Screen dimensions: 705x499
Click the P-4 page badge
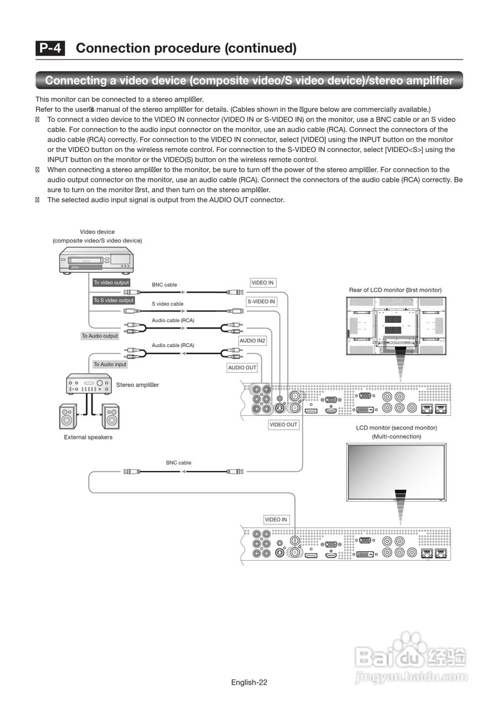click(x=50, y=48)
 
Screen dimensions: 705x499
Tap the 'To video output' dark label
click(x=111, y=283)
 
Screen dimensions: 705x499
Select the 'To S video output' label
click(x=113, y=300)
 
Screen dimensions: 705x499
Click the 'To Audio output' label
click(x=100, y=336)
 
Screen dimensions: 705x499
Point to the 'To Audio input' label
click(x=110, y=364)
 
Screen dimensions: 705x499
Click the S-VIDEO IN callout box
click(x=261, y=302)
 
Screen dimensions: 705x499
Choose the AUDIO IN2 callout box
click(x=253, y=341)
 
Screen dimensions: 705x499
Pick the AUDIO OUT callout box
click(x=243, y=368)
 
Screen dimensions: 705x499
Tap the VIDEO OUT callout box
click(x=283, y=425)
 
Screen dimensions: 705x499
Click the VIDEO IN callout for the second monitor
click(x=276, y=519)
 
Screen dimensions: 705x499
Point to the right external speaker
click(x=110, y=417)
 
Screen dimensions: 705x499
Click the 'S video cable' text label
click(x=168, y=304)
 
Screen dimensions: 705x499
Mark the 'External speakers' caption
click(x=88, y=437)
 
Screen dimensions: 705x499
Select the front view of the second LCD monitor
click(x=396, y=472)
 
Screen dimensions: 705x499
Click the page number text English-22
click(x=249, y=682)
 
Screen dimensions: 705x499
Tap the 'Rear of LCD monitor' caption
click(x=395, y=290)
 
